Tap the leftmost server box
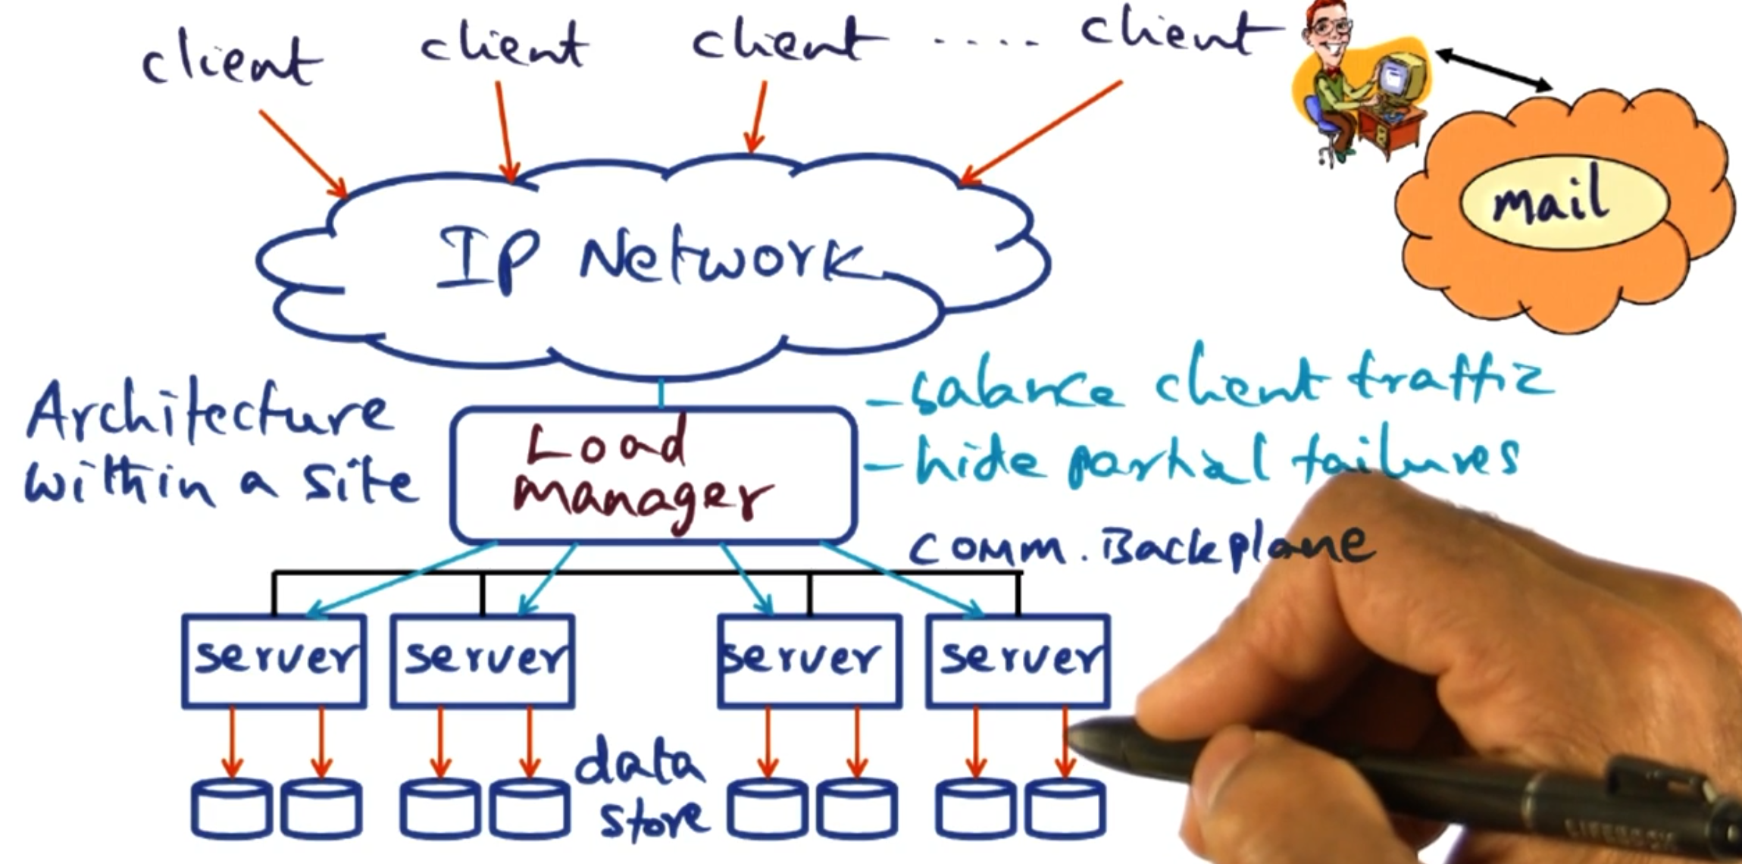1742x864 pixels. pos(274,661)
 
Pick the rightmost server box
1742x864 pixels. pos(1018,661)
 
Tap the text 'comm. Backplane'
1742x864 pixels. pos(1137,546)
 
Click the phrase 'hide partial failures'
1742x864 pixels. pos(1212,461)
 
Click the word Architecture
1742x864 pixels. pos(208,413)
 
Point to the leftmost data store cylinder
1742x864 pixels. pos(232,809)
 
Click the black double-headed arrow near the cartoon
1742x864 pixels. pos(1493,70)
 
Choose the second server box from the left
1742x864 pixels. pos(483,661)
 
